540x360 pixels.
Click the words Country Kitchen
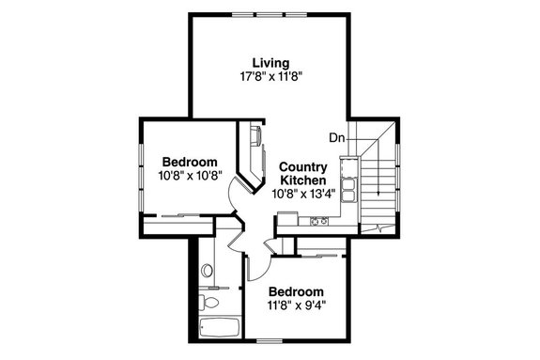(x=302, y=173)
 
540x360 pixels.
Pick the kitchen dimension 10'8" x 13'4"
(x=302, y=194)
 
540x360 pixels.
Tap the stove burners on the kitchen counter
(x=317, y=222)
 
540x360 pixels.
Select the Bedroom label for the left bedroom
(x=189, y=161)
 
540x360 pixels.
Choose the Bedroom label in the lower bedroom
(x=296, y=291)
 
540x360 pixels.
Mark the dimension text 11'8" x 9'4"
(x=296, y=305)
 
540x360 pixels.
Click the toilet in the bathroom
(x=212, y=302)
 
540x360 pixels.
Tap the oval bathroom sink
(x=207, y=271)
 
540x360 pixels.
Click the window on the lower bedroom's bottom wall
(x=272, y=338)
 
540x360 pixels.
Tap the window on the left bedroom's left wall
(x=141, y=169)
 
